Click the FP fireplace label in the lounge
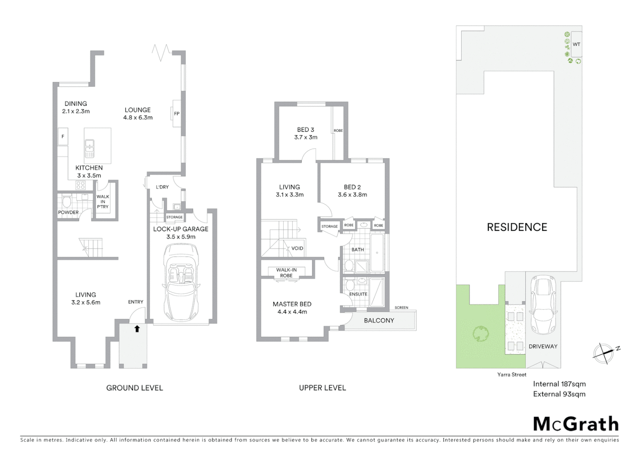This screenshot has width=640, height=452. click(x=176, y=113)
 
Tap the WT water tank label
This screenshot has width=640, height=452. click(x=576, y=44)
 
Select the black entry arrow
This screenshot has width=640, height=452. click(x=137, y=329)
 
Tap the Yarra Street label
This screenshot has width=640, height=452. click(x=511, y=375)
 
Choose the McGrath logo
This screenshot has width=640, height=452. click(x=575, y=424)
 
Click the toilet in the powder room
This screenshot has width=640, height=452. click(x=66, y=203)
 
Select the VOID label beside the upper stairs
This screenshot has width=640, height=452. click(x=297, y=248)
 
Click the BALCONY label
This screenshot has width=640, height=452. click(x=379, y=321)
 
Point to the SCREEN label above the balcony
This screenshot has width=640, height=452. click(x=401, y=308)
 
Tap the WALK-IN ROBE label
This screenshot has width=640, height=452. click(x=286, y=272)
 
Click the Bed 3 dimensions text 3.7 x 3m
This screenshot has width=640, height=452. click(x=306, y=137)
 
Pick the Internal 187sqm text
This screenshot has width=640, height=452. click(x=559, y=384)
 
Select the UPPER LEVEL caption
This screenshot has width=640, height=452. click(x=322, y=388)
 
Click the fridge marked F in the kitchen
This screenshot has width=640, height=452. click(x=63, y=136)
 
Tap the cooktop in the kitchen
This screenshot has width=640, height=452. click(x=80, y=185)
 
